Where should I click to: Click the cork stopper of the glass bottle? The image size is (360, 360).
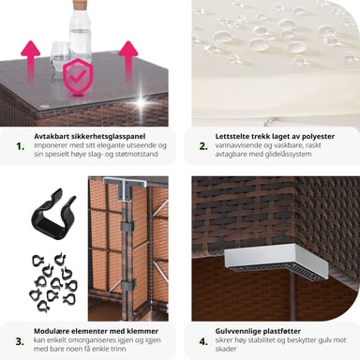coord(80,6)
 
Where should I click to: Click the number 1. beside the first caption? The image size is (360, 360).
coord(21,146)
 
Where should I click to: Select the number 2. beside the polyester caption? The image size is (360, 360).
coord(203,146)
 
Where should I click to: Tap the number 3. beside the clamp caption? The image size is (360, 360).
coord(20,341)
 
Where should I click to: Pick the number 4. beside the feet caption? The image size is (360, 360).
coord(203,341)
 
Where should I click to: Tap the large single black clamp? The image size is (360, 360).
coord(53,214)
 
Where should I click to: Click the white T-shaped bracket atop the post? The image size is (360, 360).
coord(125,187)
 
